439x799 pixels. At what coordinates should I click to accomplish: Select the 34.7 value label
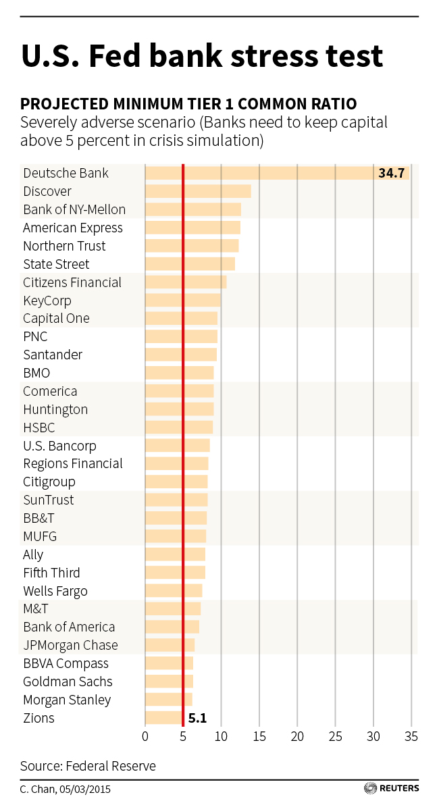click(x=391, y=174)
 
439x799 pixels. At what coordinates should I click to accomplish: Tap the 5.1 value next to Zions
click(x=197, y=719)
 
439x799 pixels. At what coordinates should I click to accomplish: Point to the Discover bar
click(x=198, y=192)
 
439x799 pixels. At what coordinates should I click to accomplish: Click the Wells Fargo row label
click(x=55, y=592)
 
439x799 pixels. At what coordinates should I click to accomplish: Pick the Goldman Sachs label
click(x=68, y=682)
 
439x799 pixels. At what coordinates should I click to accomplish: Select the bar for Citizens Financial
click(x=186, y=282)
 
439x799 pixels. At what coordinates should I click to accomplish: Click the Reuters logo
click(x=392, y=788)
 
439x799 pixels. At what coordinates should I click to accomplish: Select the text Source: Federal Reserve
click(x=88, y=766)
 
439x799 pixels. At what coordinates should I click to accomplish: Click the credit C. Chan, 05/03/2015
click(x=65, y=788)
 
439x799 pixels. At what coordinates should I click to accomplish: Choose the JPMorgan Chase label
click(x=70, y=646)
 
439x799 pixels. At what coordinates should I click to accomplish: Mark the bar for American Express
click(x=192, y=228)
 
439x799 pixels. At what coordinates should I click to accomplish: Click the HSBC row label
click(x=39, y=428)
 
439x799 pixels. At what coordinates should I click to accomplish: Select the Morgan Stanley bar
click(x=169, y=700)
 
